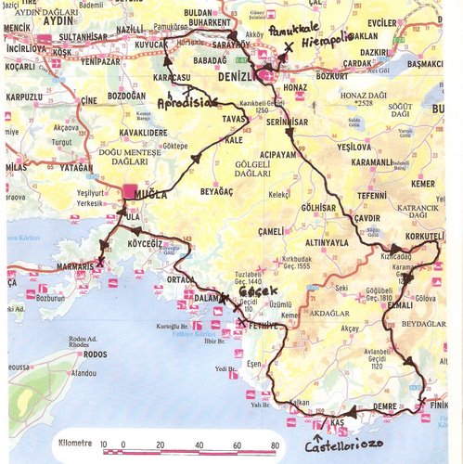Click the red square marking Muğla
(129, 191)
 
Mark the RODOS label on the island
(95, 354)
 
